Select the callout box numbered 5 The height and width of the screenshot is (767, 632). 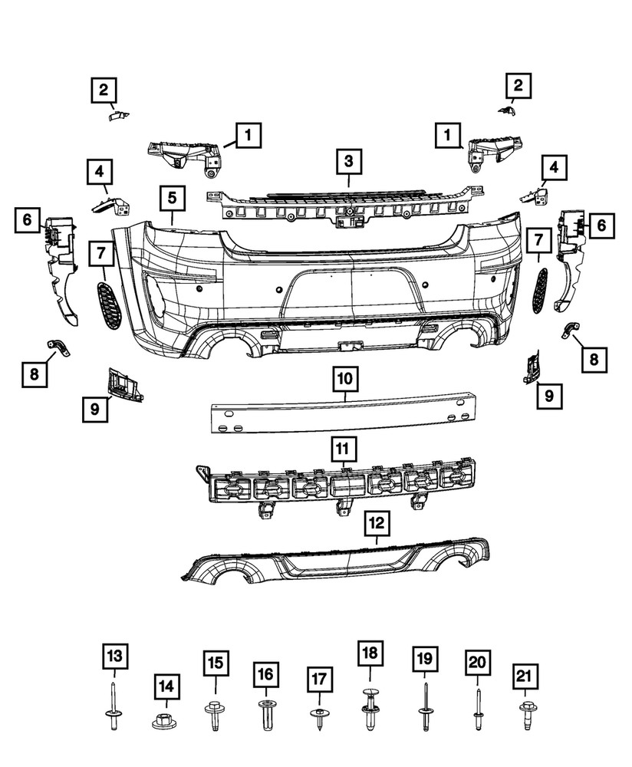[x=173, y=199]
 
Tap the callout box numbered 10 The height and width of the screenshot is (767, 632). [x=345, y=378]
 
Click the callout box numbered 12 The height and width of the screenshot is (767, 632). [x=376, y=525]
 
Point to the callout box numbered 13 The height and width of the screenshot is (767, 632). [x=114, y=657]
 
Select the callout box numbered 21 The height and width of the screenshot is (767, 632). [x=524, y=677]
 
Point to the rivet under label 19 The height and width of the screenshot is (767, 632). [x=424, y=709]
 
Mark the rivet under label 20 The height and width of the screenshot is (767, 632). [x=476, y=709]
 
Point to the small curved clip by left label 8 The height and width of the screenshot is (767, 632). [x=59, y=347]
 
